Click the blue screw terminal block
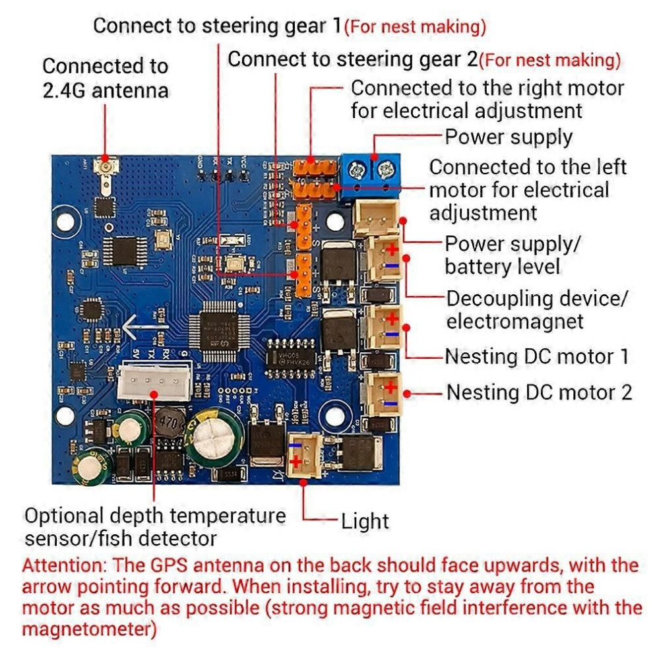point(370,177)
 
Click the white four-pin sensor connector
point(154,383)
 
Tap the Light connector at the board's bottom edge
point(305,455)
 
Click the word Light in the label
point(365,521)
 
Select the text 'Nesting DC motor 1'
point(536,357)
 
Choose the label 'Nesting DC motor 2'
point(539,392)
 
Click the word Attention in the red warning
point(65,566)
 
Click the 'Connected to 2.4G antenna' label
point(106,78)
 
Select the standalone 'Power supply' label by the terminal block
point(509,137)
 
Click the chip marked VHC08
point(291,359)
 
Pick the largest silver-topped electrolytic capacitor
point(215,435)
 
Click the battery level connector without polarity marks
point(376,217)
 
